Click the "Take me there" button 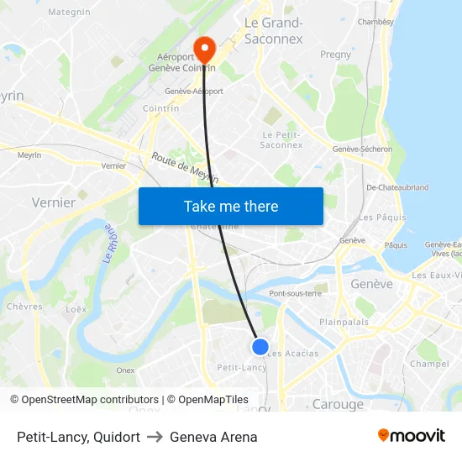pyautogui.click(x=231, y=206)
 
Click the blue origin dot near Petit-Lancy pyautogui.click(x=260, y=346)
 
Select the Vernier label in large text pyautogui.click(x=53, y=202)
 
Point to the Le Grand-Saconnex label pyautogui.click(x=273, y=30)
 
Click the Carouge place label pyautogui.click(x=338, y=404)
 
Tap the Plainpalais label pyautogui.click(x=344, y=322)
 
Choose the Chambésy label pyautogui.click(x=375, y=22)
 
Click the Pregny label pyautogui.click(x=336, y=55)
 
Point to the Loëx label pyautogui.click(x=76, y=309)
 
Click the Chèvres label pyautogui.click(x=24, y=307)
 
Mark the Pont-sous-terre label pyautogui.click(x=295, y=293)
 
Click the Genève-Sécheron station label pyautogui.click(x=362, y=150)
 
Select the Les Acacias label pyautogui.click(x=292, y=354)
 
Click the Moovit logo pyautogui.click(x=411, y=435)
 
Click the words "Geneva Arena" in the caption pyautogui.click(x=213, y=437)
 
